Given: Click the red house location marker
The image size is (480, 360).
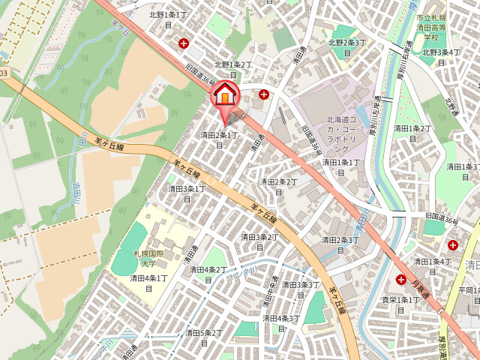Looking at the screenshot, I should (x=225, y=96).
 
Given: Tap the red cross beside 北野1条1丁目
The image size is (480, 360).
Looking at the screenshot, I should (x=184, y=43).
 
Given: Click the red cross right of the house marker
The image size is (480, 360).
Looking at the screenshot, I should (x=264, y=94).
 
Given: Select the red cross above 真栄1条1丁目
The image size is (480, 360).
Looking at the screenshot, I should (x=401, y=279).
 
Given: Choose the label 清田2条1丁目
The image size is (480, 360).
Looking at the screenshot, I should (x=219, y=139).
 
